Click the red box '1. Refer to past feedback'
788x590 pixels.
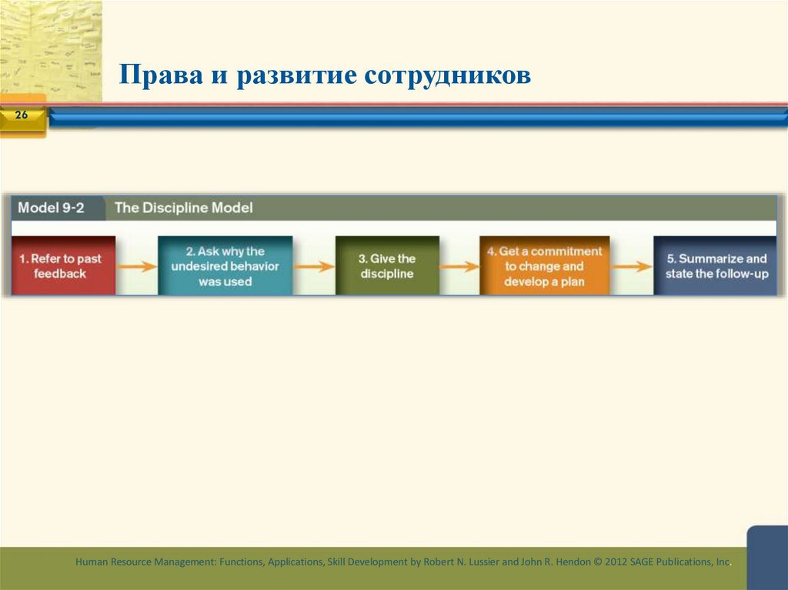click(x=64, y=265)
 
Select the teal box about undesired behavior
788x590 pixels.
click(x=225, y=265)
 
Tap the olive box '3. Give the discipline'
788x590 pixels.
click(x=387, y=265)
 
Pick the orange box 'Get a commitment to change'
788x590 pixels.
click(x=544, y=265)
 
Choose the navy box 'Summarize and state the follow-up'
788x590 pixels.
click(x=716, y=265)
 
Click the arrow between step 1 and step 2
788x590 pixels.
click(x=136, y=267)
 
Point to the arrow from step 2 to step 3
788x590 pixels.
click(x=314, y=267)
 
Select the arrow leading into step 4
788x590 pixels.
click(x=459, y=267)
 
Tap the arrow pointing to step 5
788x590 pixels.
click(x=631, y=267)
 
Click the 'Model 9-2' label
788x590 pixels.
click(x=51, y=208)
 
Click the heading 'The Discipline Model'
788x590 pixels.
click(x=183, y=208)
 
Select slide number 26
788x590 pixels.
click(x=21, y=115)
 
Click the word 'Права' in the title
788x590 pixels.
click(x=152, y=75)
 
